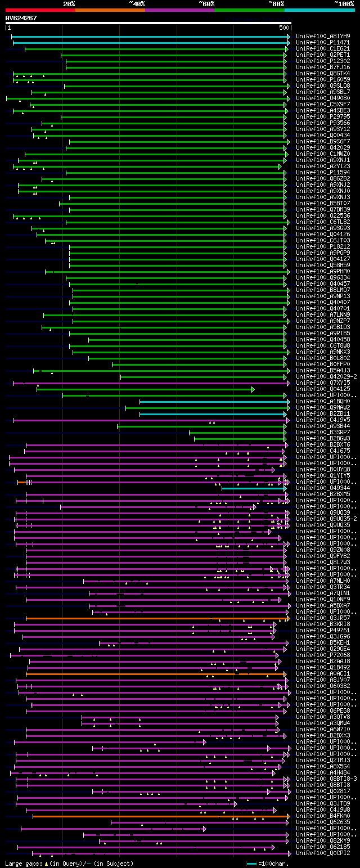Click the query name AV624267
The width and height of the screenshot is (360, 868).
[21, 18]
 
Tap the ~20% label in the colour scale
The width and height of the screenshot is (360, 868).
[69, 3]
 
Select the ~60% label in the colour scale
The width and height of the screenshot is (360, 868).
[206, 3]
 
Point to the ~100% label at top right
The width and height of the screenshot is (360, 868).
[344, 3]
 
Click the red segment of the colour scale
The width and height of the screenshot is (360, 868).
[40, 10]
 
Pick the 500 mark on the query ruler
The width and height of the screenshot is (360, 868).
[284, 28]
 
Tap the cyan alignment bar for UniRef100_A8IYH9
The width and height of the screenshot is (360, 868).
[149, 37]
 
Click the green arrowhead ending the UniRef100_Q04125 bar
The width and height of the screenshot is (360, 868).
[253, 389]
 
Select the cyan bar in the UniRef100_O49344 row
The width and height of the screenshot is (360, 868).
[253, 488]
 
